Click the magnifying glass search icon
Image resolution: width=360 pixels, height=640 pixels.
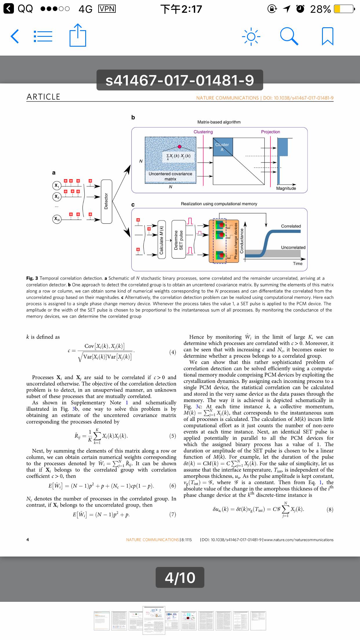[289, 37]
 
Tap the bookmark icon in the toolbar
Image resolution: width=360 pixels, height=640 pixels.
[328, 37]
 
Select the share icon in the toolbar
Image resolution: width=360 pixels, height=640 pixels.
[78, 35]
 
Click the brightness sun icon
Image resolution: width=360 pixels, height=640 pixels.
[251, 37]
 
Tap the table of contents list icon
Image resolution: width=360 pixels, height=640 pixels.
[43, 37]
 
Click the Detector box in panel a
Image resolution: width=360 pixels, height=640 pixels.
[106, 201]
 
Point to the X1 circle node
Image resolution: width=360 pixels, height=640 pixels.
[57, 186]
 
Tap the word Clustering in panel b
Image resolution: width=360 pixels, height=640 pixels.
[203, 132]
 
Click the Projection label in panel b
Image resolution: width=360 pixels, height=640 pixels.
[270, 132]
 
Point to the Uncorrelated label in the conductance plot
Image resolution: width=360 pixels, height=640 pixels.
[293, 248]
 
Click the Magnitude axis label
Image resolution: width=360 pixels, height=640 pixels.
[286, 188]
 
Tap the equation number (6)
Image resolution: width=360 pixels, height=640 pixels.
[172, 486]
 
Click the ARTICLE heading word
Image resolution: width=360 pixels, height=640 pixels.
[43, 97]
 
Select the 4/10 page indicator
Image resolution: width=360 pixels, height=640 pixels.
[180, 577]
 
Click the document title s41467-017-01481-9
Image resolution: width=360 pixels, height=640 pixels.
[180, 80]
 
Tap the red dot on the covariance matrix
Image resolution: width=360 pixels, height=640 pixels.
[179, 147]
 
